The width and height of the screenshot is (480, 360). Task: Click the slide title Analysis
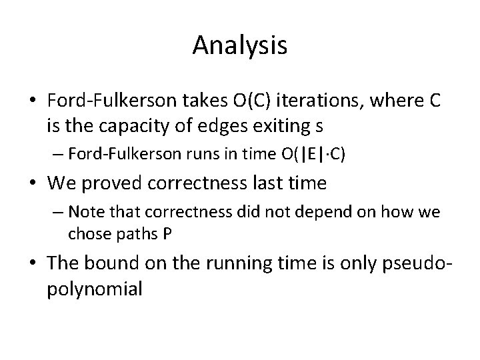[240, 45]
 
